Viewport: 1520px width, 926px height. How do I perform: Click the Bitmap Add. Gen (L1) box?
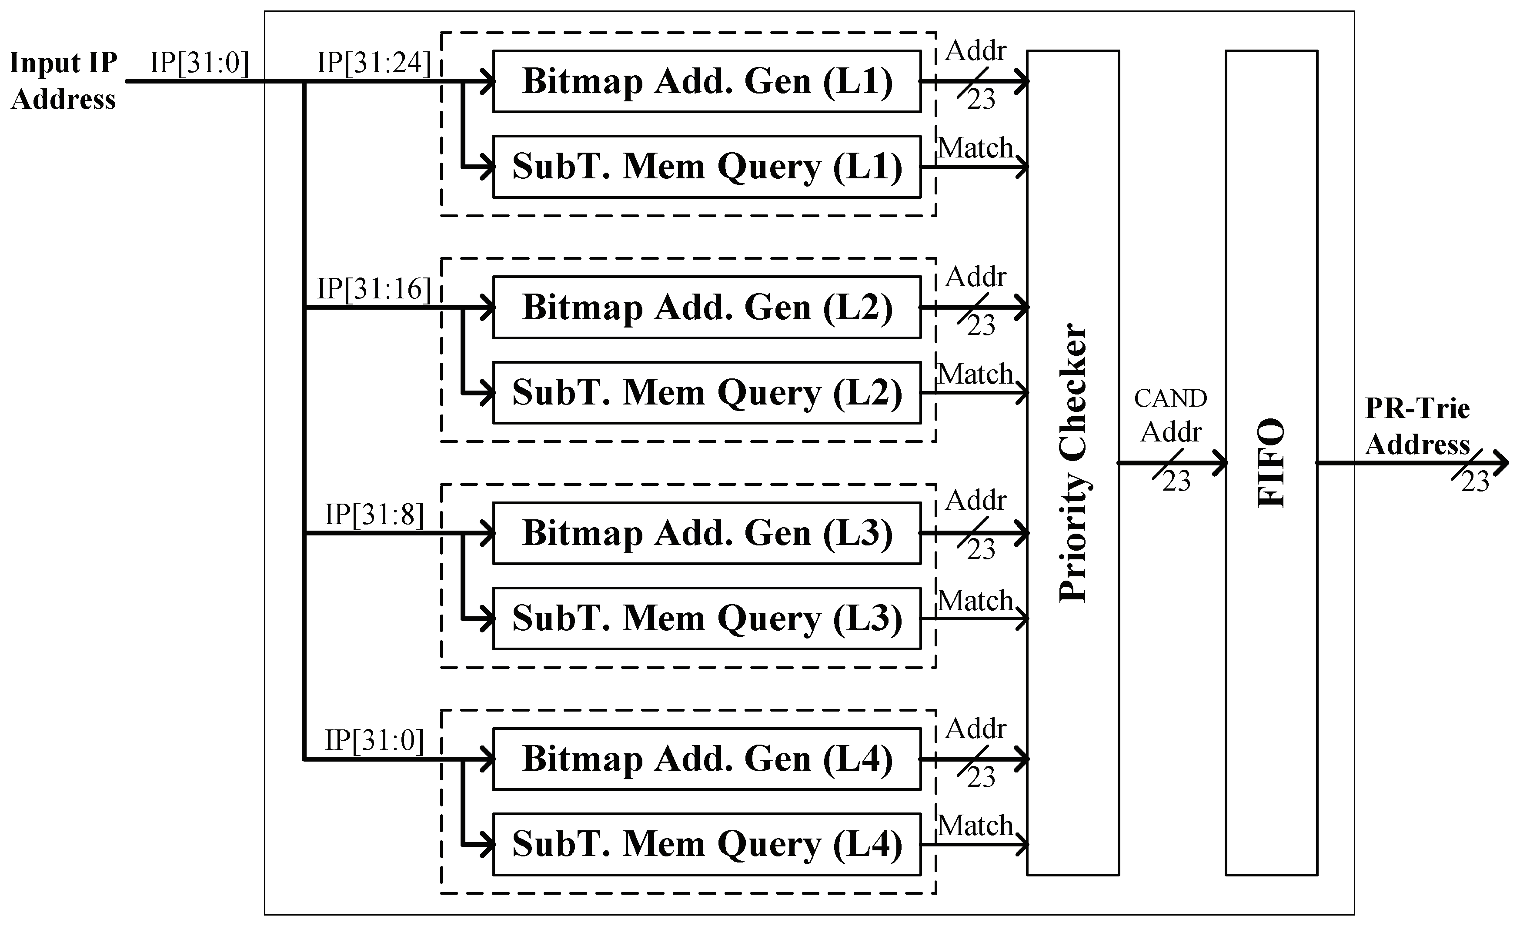(x=707, y=81)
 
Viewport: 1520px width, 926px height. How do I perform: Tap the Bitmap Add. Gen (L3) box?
(x=707, y=533)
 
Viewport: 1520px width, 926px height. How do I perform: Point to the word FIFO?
(x=1271, y=463)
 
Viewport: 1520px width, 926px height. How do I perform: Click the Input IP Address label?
(x=63, y=81)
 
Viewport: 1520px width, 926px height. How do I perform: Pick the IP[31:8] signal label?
(x=374, y=515)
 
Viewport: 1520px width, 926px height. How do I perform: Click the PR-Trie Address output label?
(x=1418, y=426)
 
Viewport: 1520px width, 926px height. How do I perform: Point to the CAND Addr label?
(x=1170, y=415)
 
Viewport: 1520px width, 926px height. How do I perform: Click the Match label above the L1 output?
(x=976, y=148)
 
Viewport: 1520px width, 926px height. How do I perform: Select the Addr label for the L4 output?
(x=975, y=729)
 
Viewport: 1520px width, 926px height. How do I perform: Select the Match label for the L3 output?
(x=976, y=600)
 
